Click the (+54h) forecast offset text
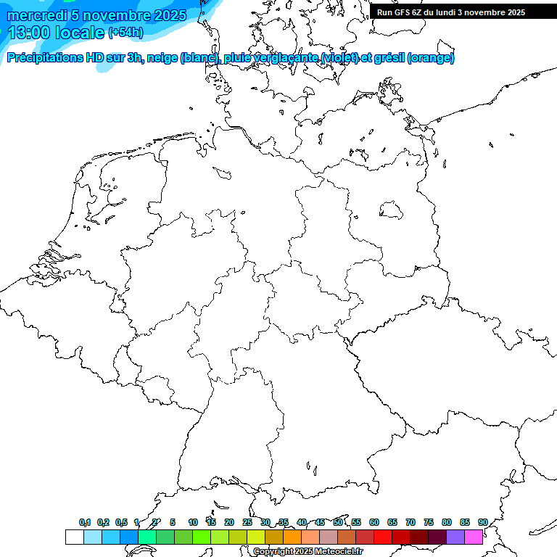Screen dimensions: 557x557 click(125, 33)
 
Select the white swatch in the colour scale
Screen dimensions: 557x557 click(74, 537)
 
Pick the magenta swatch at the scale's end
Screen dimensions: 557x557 click(474, 537)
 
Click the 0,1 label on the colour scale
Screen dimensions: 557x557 click(85, 522)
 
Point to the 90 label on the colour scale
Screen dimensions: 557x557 click(482, 522)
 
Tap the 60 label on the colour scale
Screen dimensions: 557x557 click(374, 522)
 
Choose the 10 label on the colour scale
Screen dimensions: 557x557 click(193, 522)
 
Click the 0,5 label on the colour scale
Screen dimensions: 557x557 click(121, 522)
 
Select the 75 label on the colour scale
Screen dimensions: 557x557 click(428, 522)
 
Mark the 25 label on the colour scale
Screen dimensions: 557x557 click(247, 522)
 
